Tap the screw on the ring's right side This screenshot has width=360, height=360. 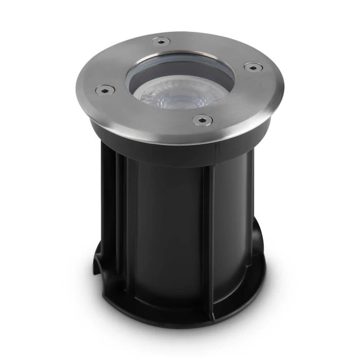250,66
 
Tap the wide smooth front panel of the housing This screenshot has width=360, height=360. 165,226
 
